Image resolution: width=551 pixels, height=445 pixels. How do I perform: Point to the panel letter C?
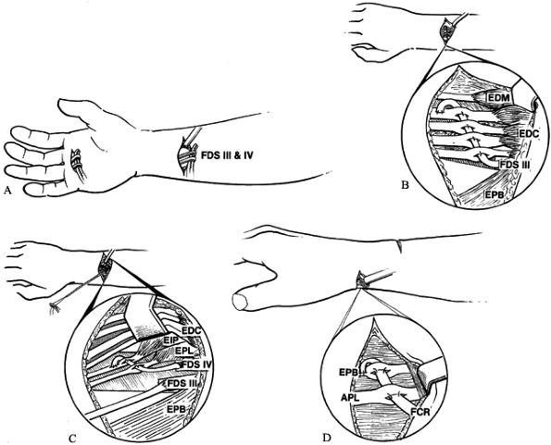71,438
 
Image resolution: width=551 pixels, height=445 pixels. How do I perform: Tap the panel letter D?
327,438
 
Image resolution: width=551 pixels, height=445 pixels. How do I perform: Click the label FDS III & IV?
227,155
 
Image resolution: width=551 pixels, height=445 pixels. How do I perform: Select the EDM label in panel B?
498,97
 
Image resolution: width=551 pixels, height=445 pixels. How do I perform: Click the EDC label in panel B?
528,133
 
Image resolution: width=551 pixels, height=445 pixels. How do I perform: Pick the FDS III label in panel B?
515,165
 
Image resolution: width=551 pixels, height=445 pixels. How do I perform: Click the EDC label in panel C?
192,330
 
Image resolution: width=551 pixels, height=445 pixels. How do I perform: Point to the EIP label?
171,340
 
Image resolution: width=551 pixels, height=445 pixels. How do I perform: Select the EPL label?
182,351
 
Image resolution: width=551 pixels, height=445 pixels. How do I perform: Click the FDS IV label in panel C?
196,365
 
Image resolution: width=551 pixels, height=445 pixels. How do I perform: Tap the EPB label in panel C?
177,409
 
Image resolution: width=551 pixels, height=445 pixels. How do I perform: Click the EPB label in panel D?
349,373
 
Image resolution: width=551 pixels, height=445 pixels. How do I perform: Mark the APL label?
349,397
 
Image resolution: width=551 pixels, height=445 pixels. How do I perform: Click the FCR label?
420,412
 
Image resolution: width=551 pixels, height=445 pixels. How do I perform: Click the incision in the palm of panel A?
76,164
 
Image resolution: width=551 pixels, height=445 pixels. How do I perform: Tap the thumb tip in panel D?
239,302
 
